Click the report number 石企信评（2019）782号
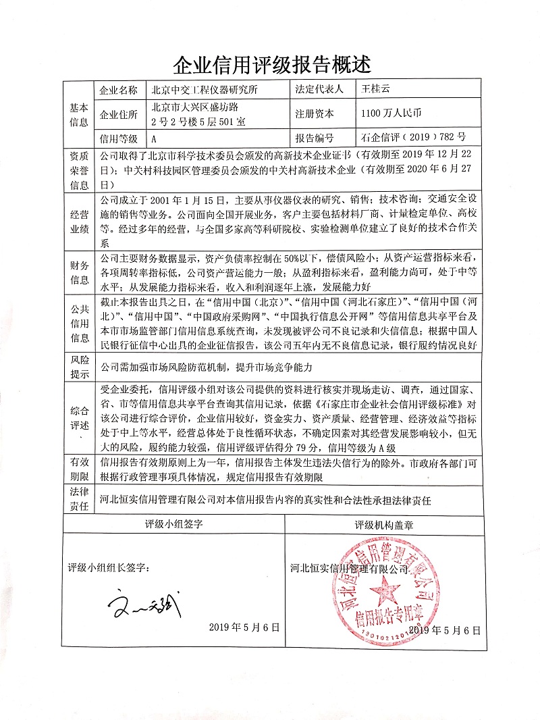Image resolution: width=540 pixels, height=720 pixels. point(413,138)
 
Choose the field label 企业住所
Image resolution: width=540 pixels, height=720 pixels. point(118,113)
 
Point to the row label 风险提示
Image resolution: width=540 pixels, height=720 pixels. point(80,368)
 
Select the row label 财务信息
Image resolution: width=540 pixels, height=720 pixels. point(80,271)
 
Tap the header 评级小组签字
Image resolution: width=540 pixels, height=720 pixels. point(173,524)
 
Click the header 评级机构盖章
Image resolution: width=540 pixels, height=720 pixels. point(384,524)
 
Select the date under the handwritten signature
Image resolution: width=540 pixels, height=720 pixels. point(244,627)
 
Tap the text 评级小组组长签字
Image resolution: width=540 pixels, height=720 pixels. point(113,567)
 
